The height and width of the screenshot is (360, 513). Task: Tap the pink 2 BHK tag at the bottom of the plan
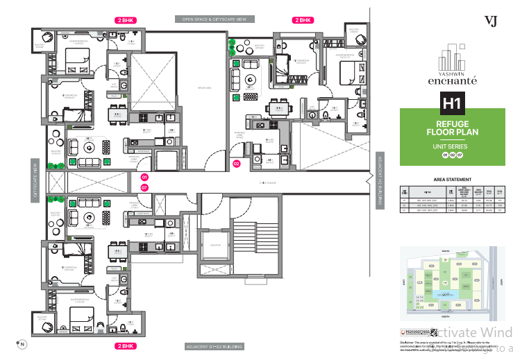[x=126, y=345]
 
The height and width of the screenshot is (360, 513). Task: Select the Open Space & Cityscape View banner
[x=215, y=20]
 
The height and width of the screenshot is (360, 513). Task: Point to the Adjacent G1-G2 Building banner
[x=215, y=345]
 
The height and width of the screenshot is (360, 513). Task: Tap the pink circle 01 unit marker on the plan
[x=144, y=178]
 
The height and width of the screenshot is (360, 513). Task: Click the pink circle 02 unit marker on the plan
[x=236, y=164]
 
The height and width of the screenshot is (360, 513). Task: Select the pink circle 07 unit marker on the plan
[x=144, y=187]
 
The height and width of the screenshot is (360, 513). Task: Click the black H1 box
[x=453, y=105]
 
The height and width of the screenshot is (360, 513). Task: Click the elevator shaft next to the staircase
[x=210, y=250]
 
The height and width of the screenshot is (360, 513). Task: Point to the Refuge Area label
[x=203, y=88]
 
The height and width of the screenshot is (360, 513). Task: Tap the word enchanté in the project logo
[x=452, y=80]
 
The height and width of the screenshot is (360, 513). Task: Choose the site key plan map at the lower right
[x=451, y=284]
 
